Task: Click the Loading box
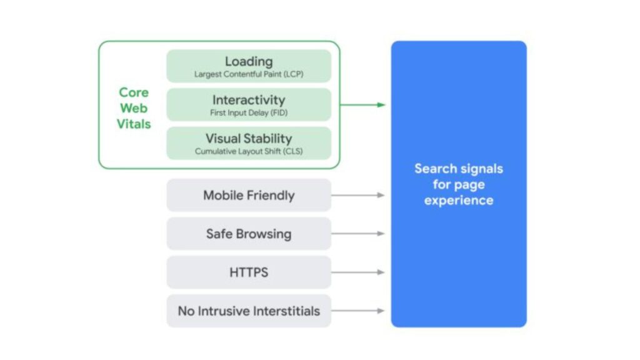tap(249, 66)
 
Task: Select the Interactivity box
tap(249, 104)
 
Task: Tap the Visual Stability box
tap(249, 143)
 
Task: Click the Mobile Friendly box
tap(249, 195)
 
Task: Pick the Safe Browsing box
tap(249, 234)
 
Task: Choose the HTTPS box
tap(249, 272)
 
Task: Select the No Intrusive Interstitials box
tap(249, 311)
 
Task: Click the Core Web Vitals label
tap(134, 108)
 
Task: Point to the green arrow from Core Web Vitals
tap(363, 105)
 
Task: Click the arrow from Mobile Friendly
tap(358, 195)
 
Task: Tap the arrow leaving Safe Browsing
tap(358, 234)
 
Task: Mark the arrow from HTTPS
tap(358, 272)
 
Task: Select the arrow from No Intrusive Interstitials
tap(358, 311)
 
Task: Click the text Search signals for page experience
tap(459, 184)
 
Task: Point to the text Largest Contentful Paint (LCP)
tap(249, 74)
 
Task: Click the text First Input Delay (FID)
tap(249, 113)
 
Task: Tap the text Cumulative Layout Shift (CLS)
tap(249, 151)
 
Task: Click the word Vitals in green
tap(134, 124)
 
